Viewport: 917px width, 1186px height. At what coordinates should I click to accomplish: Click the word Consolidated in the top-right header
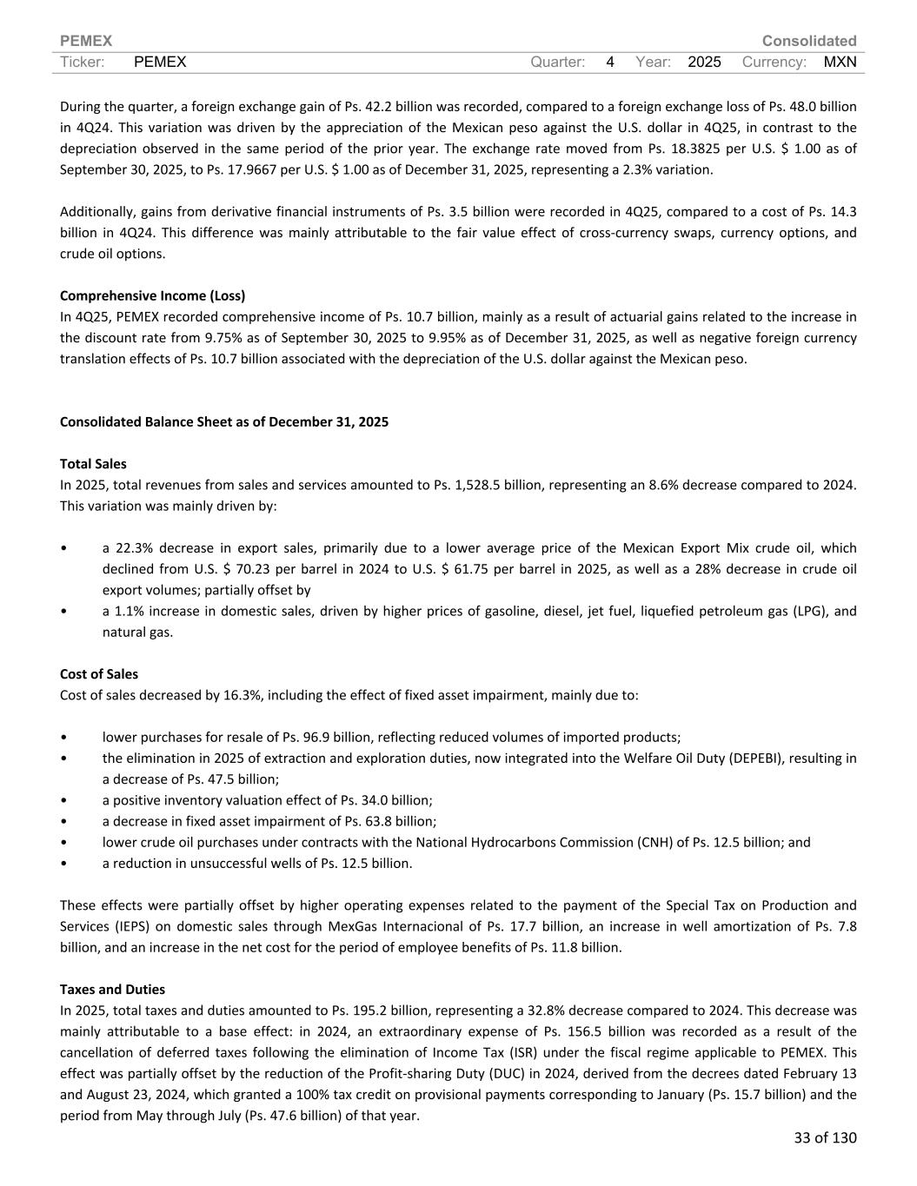pyautogui.click(x=808, y=41)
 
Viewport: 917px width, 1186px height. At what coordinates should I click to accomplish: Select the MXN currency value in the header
pyautogui.click(x=840, y=62)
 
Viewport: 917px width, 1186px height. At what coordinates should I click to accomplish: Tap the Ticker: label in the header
pyautogui.click(x=83, y=62)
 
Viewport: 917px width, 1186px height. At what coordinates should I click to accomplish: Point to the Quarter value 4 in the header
pyautogui.click(x=610, y=62)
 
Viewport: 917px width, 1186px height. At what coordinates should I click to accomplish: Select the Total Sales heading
pyautogui.click(x=93, y=464)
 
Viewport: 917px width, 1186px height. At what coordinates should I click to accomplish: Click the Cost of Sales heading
pyautogui.click(x=98, y=674)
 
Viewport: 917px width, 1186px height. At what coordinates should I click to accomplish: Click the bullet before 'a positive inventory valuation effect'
pyautogui.click(x=63, y=800)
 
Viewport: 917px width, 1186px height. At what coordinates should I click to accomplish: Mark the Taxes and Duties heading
pyautogui.click(x=112, y=990)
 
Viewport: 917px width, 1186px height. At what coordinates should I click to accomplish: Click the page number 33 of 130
pyautogui.click(x=825, y=1137)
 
